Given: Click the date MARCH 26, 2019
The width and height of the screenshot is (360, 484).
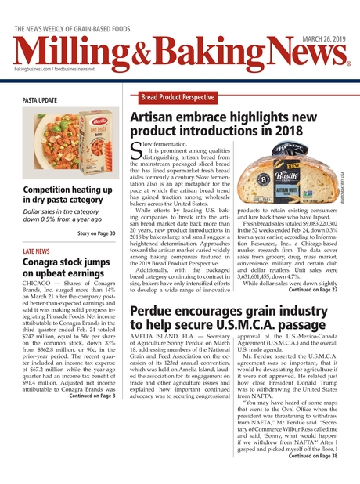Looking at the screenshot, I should (x=322, y=31).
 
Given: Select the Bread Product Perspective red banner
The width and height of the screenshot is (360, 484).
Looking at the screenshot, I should (x=178, y=97).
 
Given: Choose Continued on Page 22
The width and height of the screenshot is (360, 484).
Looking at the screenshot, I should (x=313, y=289).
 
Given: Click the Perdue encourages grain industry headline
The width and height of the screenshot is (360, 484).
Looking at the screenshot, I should (x=229, y=316).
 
